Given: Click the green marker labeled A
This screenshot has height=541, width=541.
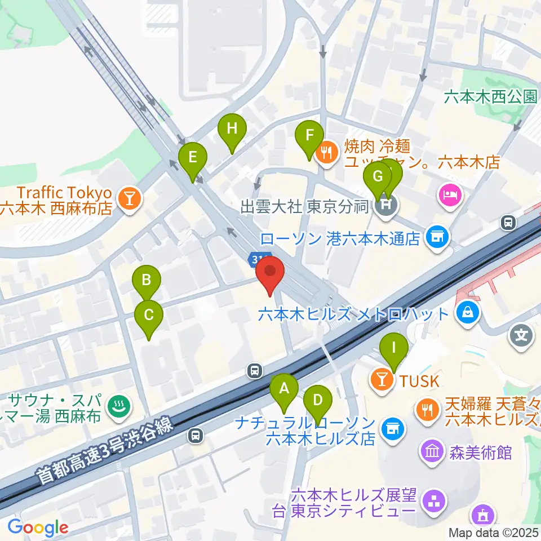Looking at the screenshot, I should (x=284, y=388).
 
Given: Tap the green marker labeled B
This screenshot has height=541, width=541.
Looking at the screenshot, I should (x=147, y=280).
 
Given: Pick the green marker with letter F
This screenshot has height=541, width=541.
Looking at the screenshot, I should (x=309, y=135).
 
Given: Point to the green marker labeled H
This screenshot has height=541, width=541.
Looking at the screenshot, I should (x=232, y=128).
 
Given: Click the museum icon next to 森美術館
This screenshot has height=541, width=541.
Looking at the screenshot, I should (x=432, y=451).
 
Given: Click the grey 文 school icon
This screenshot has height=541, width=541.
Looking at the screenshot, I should (x=522, y=336).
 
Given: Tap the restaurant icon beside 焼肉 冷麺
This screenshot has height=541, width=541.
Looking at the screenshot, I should (x=326, y=150).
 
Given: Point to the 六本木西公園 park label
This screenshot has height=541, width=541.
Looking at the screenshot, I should (x=490, y=97).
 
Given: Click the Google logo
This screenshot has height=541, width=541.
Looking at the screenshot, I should (x=37, y=527).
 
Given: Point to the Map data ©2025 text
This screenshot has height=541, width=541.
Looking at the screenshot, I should (x=494, y=532).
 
